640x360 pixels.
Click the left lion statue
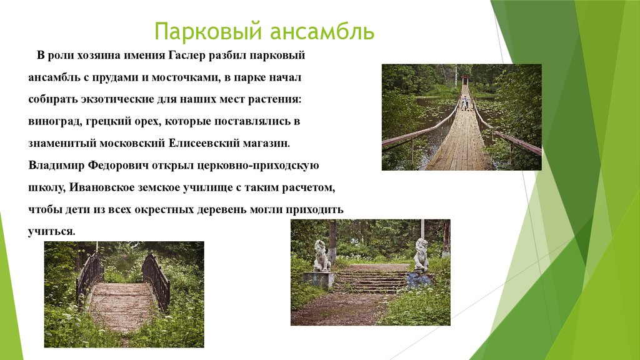321,256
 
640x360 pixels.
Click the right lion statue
421,254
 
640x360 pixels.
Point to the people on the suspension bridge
465,102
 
